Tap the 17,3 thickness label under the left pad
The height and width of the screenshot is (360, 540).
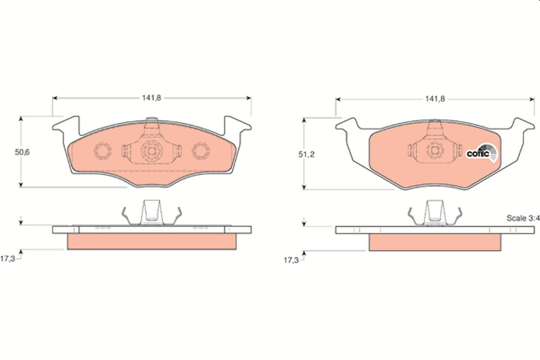tap(8, 259)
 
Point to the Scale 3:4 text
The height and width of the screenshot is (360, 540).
tap(522, 218)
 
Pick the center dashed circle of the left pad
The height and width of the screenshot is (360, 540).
tap(151, 150)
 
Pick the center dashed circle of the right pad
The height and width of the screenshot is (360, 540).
tap(435, 151)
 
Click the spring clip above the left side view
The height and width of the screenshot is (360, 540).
tap(152, 212)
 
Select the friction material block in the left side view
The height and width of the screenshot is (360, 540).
tap(152, 242)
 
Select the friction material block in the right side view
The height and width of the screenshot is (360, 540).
tap(435, 243)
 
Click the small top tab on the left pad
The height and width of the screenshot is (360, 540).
tap(152, 120)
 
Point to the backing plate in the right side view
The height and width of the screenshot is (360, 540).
tap(435, 229)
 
